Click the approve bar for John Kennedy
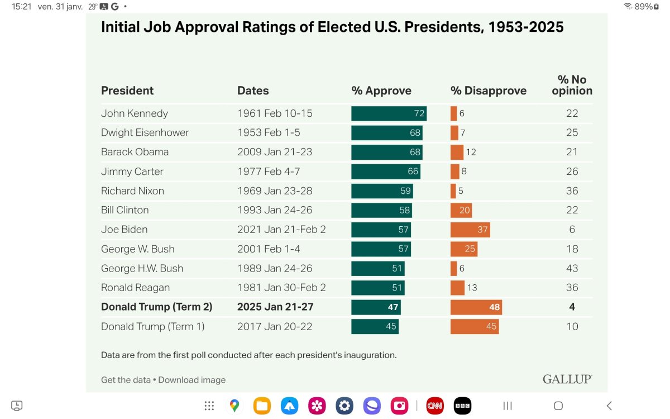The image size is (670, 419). (389, 113)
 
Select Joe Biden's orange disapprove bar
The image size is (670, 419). (470, 230)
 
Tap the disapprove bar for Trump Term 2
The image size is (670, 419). (476, 307)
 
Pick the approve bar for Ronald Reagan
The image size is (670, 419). (377, 288)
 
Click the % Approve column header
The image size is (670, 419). (381, 91)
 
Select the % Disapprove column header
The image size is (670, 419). (489, 91)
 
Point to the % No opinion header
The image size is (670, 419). (572, 85)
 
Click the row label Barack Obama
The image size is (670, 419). (135, 152)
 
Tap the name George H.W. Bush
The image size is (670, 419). (142, 268)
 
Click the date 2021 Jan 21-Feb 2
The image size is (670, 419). (281, 230)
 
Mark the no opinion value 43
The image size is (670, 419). (572, 268)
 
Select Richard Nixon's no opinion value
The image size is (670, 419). (572, 191)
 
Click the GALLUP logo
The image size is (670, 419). (567, 379)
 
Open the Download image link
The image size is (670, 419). (192, 380)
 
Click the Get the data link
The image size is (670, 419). (126, 380)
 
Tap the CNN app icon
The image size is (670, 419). (435, 406)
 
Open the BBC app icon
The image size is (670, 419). (462, 406)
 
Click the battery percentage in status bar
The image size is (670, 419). (643, 7)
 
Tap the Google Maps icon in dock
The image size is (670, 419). (234, 406)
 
